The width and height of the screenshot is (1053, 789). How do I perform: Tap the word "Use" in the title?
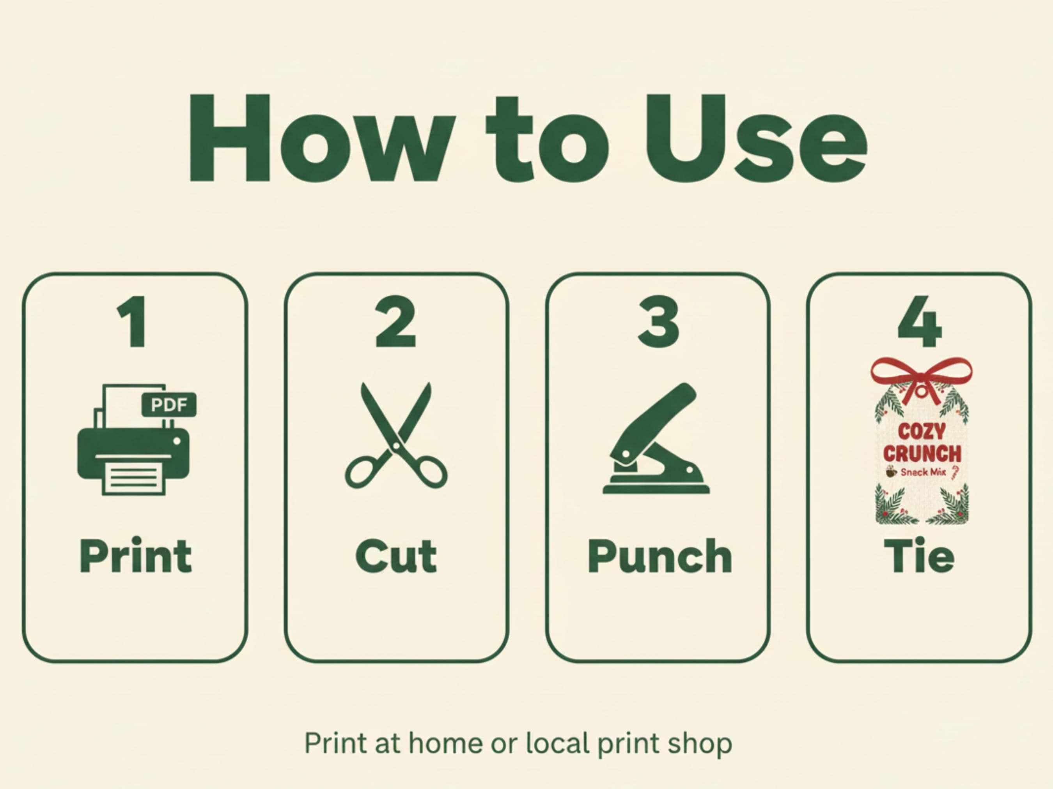click(x=755, y=138)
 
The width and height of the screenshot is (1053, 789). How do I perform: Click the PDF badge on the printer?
click(x=169, y=405)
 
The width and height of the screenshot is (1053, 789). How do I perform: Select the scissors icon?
click(x=396, y=435)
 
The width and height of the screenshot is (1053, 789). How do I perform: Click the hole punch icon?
click(x=656, y=438)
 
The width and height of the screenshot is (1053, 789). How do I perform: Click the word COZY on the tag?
click(x=922, y=432)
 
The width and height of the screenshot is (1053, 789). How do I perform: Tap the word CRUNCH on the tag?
click(x=922, y=454)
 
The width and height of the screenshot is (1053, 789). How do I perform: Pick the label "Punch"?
click(x=660, y=556)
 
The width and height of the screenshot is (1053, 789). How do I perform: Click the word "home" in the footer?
click(x=445, y=743)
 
